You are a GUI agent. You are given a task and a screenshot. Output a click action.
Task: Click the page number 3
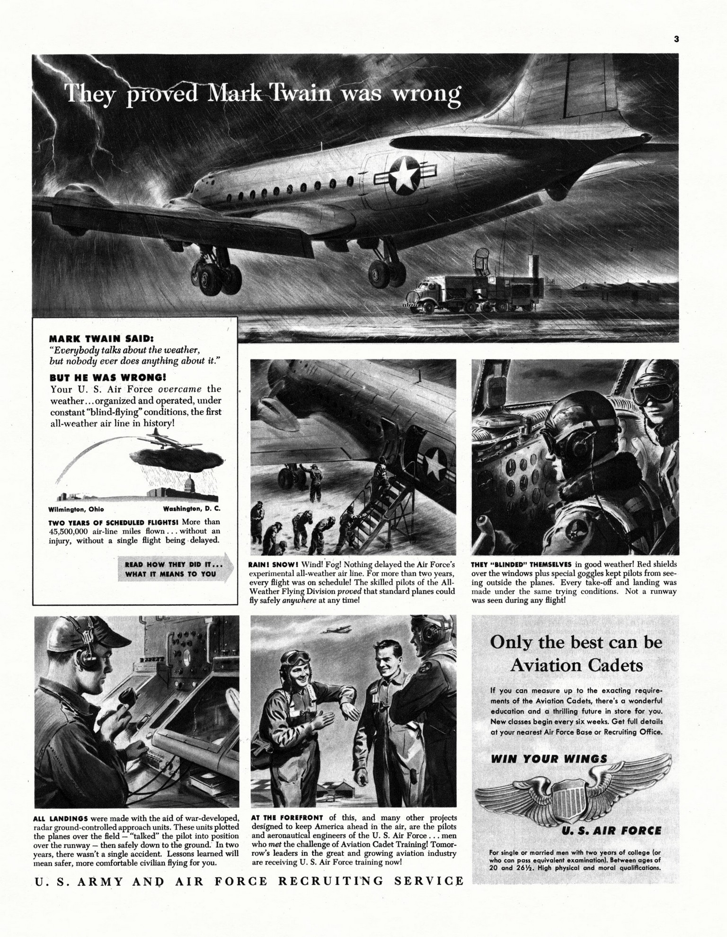coord(676,39)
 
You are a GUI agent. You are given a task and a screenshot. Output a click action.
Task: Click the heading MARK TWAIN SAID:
coord(101,339)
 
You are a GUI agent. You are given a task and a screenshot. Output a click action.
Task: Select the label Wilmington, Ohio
coord(76,509)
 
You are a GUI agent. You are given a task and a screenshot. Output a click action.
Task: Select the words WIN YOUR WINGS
coord(549,759)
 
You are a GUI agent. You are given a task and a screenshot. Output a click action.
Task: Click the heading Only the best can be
coord(576,643)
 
